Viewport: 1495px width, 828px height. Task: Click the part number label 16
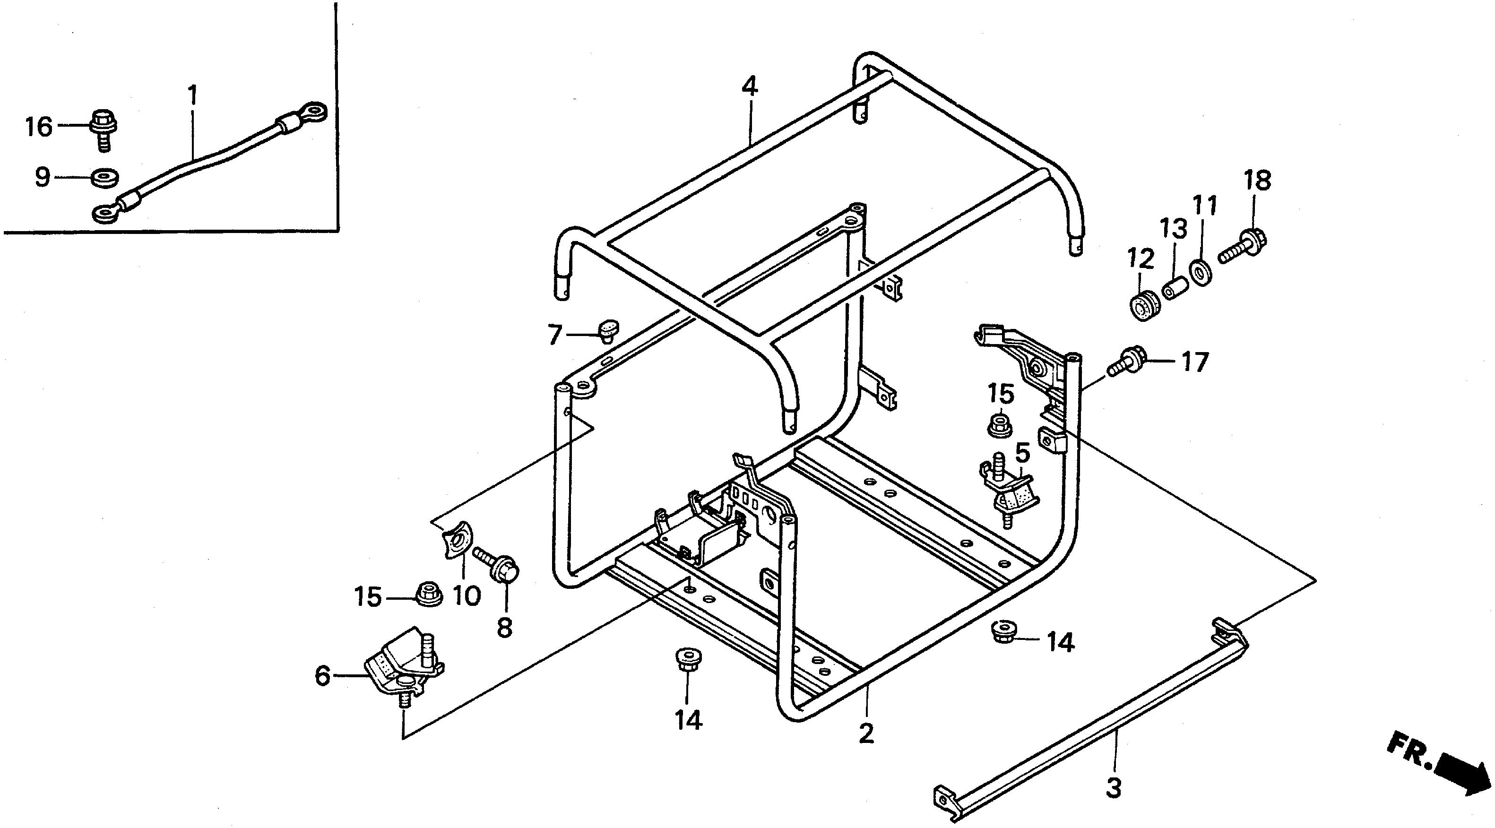click(x=39, y=127)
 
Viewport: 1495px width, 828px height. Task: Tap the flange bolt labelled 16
click(x=104, y=129)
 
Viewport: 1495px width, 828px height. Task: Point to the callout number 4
click(x=749, y=87)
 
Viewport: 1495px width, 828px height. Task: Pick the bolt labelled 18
click(x=1244, y=246)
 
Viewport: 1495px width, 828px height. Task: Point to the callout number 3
click(x=1113, y=788)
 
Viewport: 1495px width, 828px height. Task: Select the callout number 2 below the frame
click(x=866, y=734)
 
